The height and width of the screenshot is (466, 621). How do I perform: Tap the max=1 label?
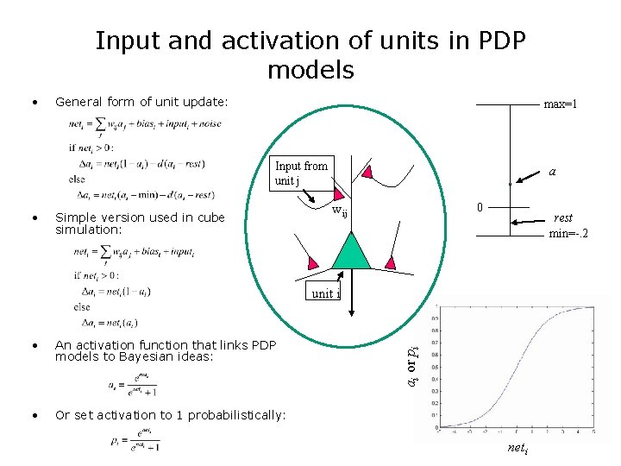coord(560,104)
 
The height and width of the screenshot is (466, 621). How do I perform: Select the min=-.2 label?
coord(568,233)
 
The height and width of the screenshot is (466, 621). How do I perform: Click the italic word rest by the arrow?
coord(564,218)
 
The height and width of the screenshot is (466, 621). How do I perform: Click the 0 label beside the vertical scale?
coord(480,207)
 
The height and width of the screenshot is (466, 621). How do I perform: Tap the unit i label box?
coord(325,293)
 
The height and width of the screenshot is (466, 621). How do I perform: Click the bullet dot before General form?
coord(33,102)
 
